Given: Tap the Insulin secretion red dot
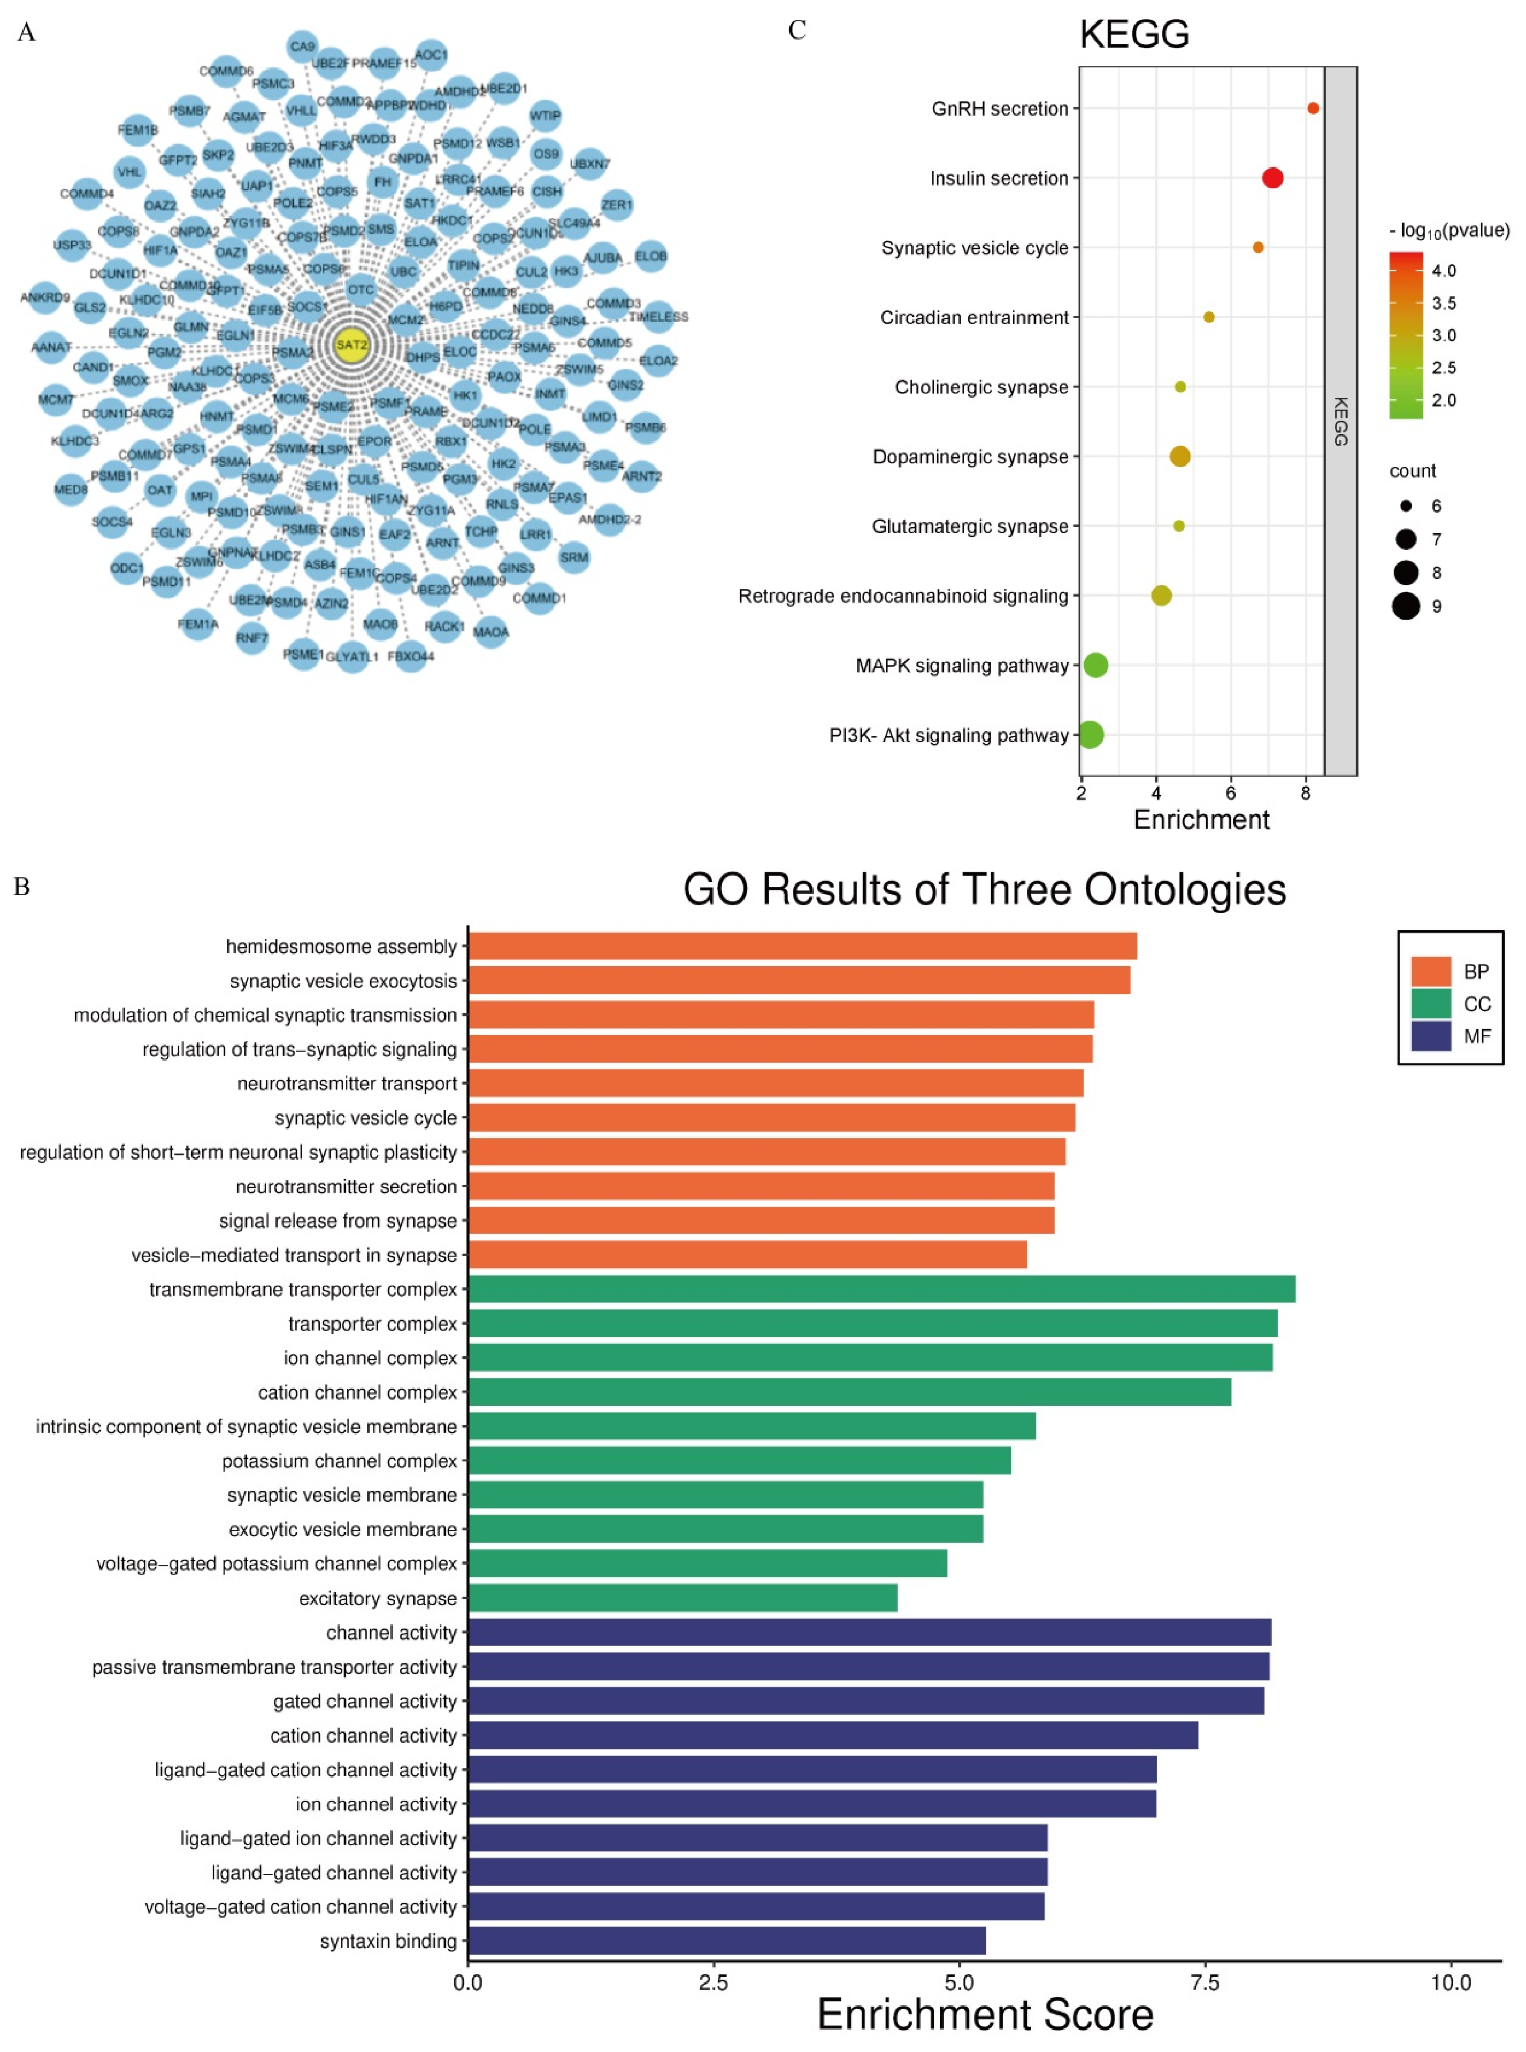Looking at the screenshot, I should coord(1272,178).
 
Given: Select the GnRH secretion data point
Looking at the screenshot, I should coord(1313,108).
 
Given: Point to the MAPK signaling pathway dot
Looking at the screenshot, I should coord(1094,665).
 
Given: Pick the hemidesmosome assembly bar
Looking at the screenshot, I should coord(802,946).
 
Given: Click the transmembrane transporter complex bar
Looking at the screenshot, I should coord(881,1289).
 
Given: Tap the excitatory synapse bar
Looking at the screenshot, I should coord(682,1597).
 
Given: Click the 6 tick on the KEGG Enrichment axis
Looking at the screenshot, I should coord(1230,793).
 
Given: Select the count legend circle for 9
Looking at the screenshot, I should coord(1405,606).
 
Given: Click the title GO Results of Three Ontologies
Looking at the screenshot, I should coord(984,890).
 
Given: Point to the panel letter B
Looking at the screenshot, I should coord(22,887).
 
